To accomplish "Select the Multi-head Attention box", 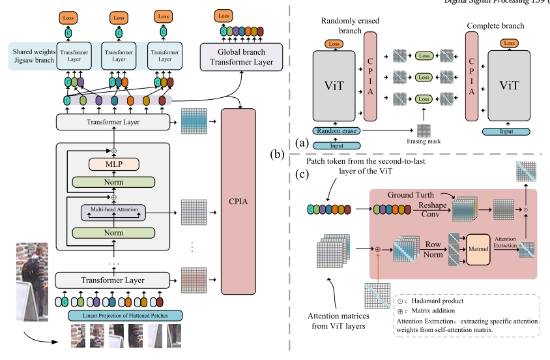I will point(113,210).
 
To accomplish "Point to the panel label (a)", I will point(302,142).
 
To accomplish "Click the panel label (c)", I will point(302,175).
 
